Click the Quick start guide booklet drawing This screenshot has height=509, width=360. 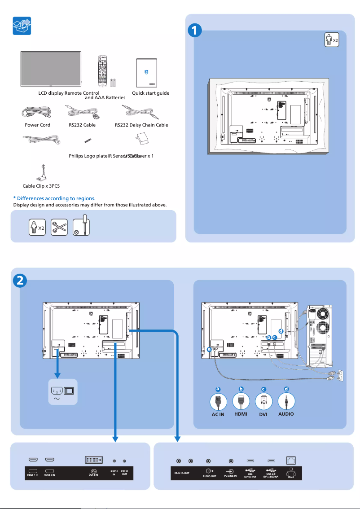146,73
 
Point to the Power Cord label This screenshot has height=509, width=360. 37,125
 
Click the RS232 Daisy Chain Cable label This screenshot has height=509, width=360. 141,125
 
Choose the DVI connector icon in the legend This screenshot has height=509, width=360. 263,402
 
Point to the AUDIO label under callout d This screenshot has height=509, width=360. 286,414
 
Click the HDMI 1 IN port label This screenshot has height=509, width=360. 33,475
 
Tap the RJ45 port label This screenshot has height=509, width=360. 291,477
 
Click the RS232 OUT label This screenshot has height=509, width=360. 124,473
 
